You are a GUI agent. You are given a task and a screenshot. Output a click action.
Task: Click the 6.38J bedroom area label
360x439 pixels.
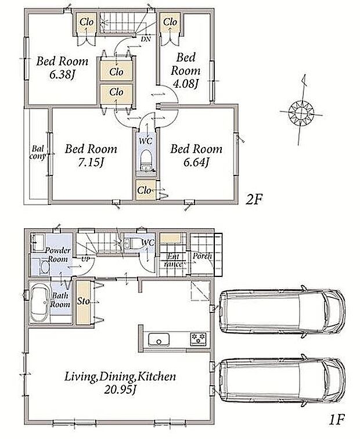[63, 75]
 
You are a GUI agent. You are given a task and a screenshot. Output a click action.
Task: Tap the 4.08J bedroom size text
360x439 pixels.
[186, 84]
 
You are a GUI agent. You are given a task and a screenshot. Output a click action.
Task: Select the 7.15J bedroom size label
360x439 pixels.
[91, 163]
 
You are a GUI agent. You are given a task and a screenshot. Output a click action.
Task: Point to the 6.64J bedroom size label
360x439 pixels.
[196, 163]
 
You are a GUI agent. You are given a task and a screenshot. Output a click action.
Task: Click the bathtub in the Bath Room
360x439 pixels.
[39, 303]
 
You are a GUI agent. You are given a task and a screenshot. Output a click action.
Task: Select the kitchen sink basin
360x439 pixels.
[159, 340]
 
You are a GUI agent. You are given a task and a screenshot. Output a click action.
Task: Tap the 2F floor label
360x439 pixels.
[254, 199]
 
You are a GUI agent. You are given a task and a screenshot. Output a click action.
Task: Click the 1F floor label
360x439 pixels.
[337, 420]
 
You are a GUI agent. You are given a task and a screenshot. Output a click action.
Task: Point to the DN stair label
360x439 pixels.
[146, 39]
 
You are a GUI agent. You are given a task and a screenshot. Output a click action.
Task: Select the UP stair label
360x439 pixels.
[86, 259]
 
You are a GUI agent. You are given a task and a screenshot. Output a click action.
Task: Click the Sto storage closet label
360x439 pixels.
[84, 301]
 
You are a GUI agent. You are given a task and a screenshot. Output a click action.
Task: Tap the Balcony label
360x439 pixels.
[38, 152]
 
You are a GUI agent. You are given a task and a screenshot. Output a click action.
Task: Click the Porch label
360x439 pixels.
[202, 256]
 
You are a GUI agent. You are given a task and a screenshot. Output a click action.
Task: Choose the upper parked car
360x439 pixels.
[282, 311]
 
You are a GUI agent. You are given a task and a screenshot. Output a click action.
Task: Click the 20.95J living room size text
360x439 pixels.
[120, 390]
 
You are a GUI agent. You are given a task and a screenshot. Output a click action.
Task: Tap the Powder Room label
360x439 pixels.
[57, 254]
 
